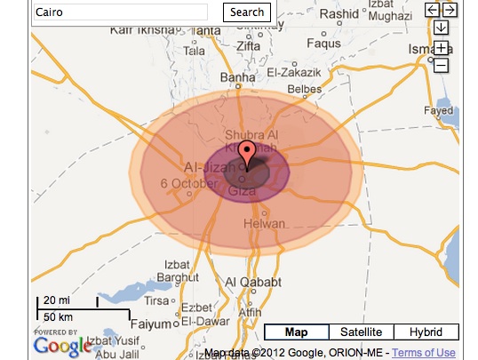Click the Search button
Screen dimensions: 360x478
(246, 12)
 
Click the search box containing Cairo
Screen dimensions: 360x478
(120, 12)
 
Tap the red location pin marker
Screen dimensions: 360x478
(249, 151)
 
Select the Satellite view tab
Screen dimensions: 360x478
(361, 332)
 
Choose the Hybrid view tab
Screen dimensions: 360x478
(426, 332)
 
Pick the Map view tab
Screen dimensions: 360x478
(296, 332)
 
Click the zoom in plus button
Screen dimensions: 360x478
(442, 47)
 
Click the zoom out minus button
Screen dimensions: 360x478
(442, 65)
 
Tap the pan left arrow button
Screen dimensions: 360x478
(433, 10)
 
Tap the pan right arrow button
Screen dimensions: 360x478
(450, 10)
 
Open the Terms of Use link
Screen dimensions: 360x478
(424, 353)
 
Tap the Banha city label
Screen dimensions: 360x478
(237, 77)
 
